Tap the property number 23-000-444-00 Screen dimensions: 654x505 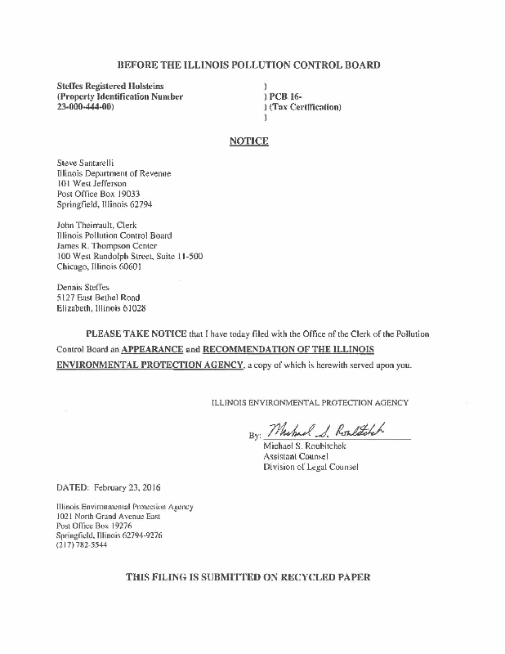pyautogui.click(x=85, y=107)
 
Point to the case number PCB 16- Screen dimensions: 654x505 pyautogui.click(x=278, y=96)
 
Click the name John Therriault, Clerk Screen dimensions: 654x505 pyautogui.click(x=96, y=225)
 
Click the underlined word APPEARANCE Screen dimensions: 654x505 pyautogui.click(x=159, y=349)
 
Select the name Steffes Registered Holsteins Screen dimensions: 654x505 pyautogui.click(x=110, y=86)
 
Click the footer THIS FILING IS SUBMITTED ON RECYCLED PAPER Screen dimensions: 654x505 pyautogui.click(x=248, y=577)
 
